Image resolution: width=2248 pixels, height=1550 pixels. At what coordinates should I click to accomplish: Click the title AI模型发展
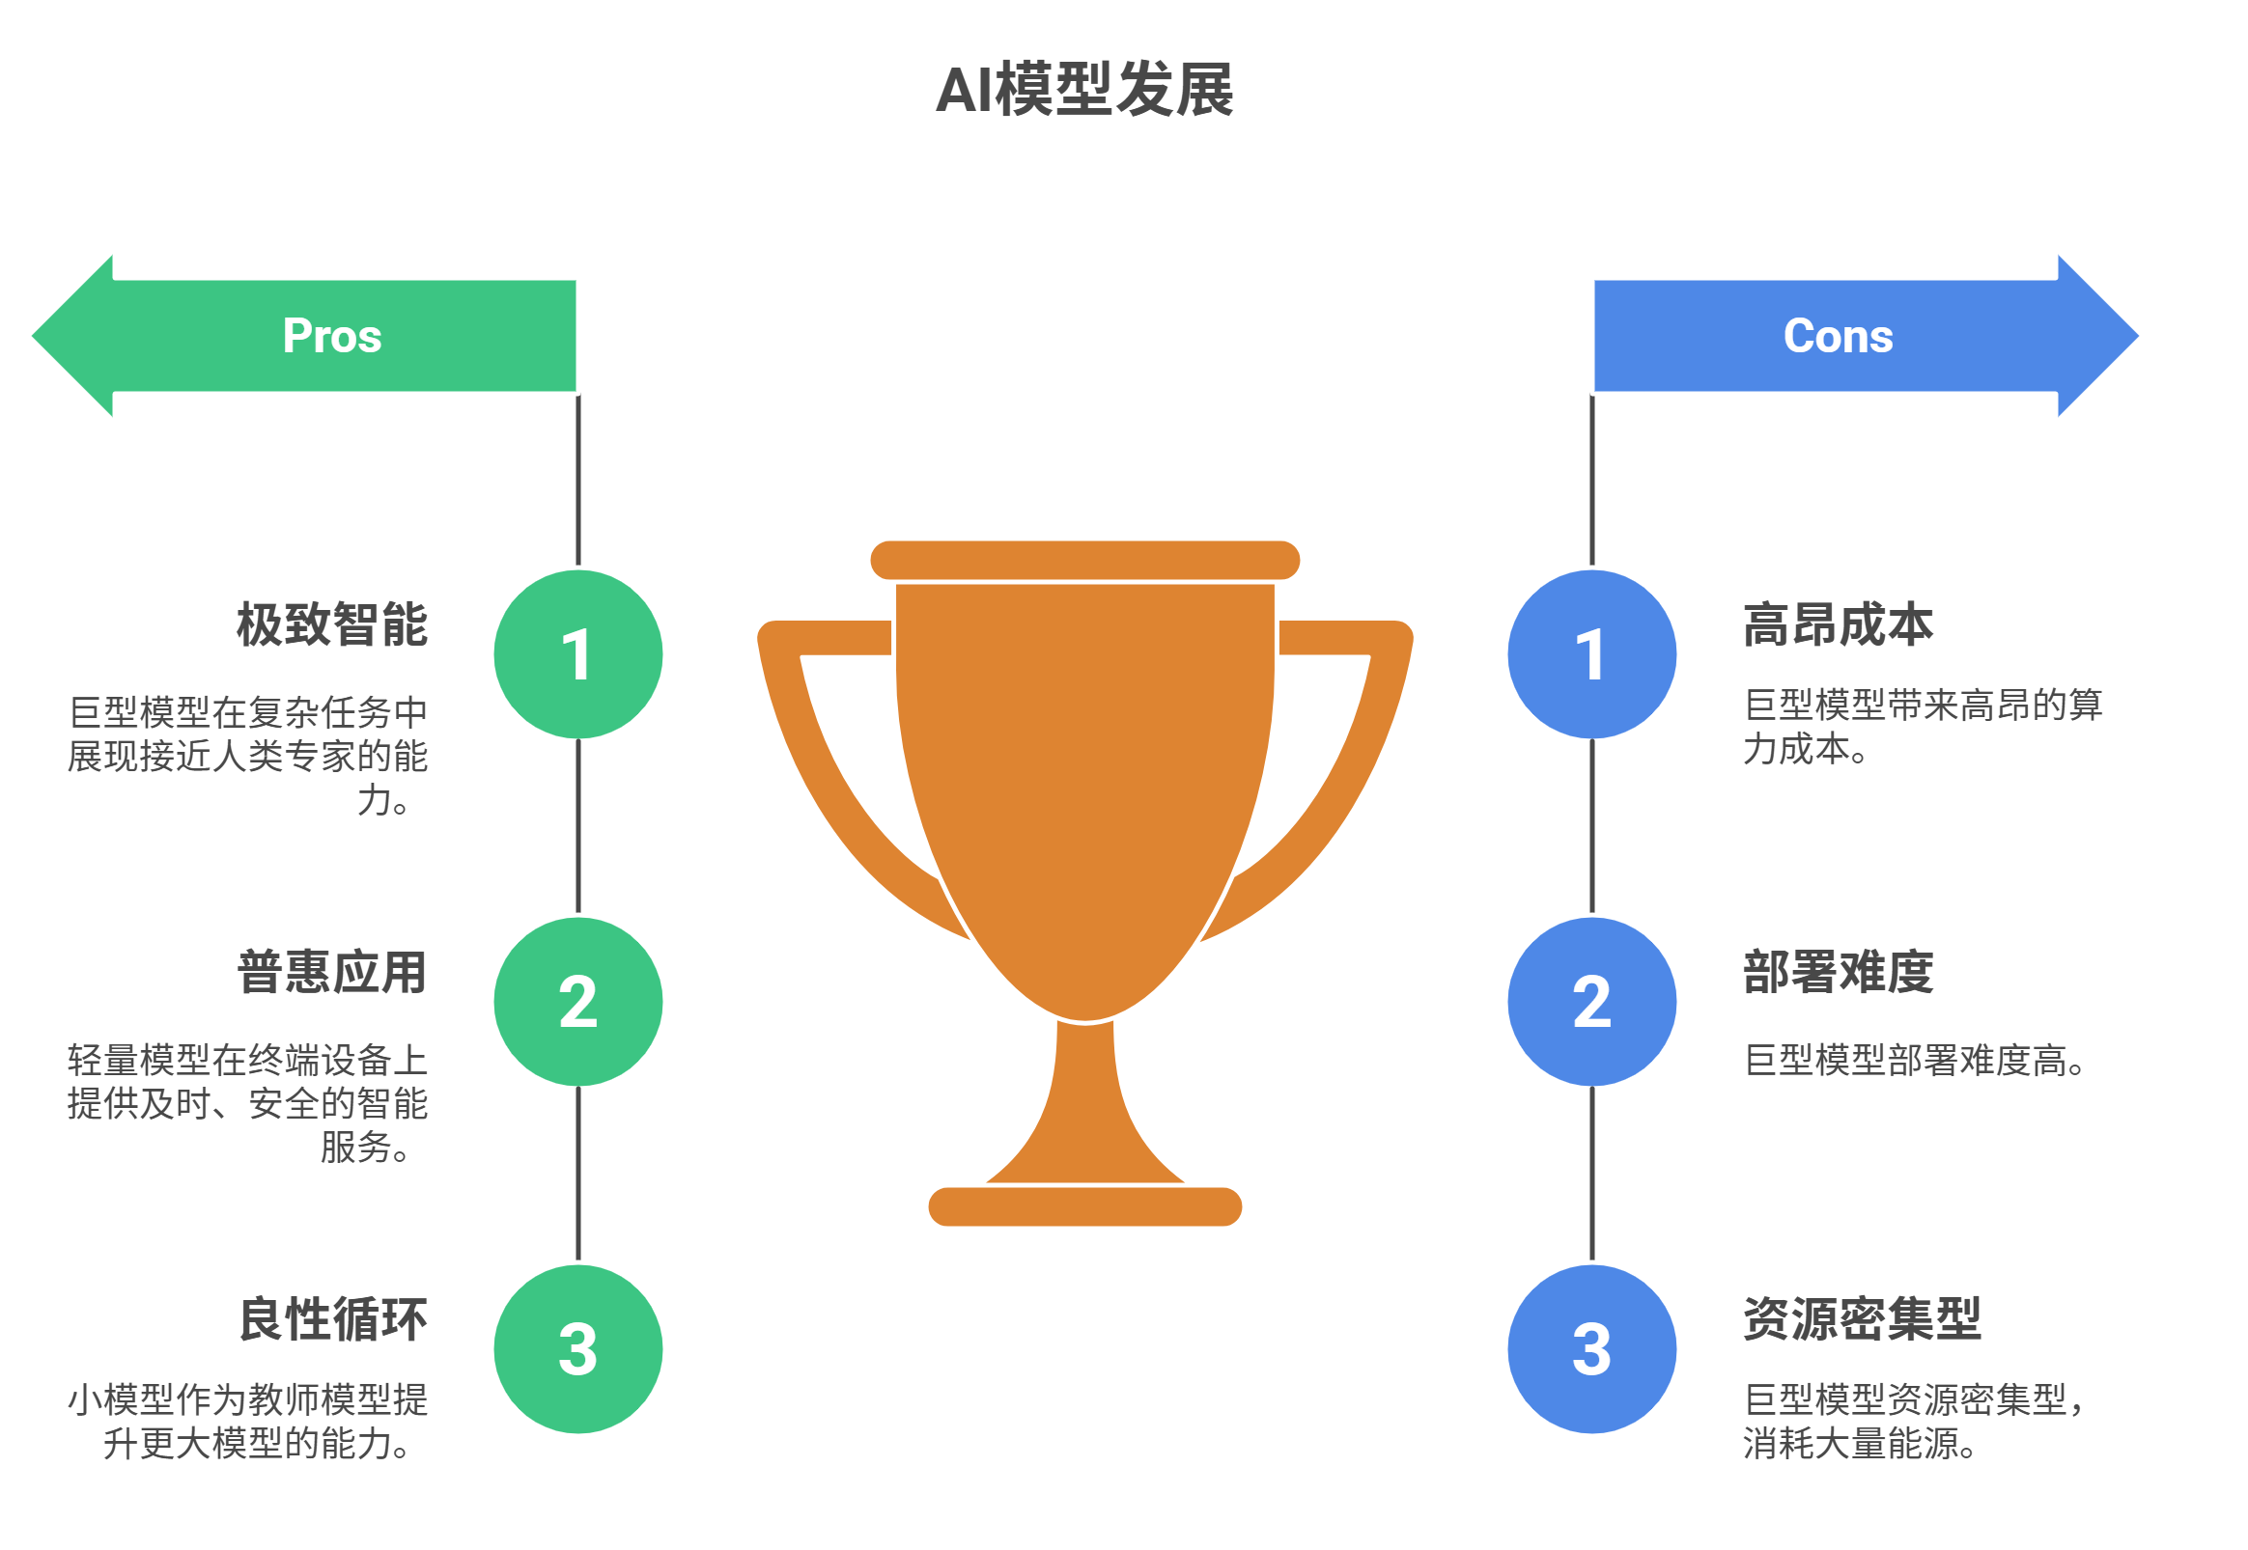pyautogui.click(x=1084, y=90)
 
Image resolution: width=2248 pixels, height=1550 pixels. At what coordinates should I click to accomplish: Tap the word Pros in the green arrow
pyautogui.click(x=332, y=336)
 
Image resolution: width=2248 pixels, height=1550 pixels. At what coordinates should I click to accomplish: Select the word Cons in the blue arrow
pyautogui.click(x=1837, y=336)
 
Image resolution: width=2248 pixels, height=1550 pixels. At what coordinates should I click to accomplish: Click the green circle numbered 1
pyautogui.click(x=578, y=654)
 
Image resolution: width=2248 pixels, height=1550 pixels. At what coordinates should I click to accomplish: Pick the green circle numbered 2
pyautogui.click(x=578, y=1001)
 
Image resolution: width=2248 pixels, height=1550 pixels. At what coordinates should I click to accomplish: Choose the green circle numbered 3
pyautogui.click(x=578, y=1349)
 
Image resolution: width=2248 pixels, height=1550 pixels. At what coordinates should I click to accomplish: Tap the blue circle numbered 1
pyautogui.click(x=1591, y=654)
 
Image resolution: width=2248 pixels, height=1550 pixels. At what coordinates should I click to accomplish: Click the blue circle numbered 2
pyautogui.click(x=1591, y=1001)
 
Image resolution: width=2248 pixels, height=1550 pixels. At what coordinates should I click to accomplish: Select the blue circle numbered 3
pyautogui.click(x=1591, y=1349)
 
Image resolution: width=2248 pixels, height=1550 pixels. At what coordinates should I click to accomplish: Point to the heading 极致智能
pyautogui.click(x=332, y=624)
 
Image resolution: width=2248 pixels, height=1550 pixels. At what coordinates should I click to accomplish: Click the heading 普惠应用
pyautogui.click(x=332, y=972)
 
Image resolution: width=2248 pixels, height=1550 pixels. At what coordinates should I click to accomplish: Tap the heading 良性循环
pyautogui.click(x=332, y=1319)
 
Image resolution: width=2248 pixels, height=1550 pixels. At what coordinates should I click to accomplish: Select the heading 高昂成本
pyautogui.click(x=1837, y=624)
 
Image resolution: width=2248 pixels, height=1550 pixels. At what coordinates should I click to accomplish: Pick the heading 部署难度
pyautogui.click(x=1837, y=972)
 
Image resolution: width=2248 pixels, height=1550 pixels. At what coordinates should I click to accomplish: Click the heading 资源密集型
pyautogui.click(x=1862, y=1319)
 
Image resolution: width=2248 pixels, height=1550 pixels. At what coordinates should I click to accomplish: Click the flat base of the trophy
pyautogui.click(x=1084, y=1206)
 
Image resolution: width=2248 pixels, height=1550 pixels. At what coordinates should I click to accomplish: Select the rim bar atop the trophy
pyautogui.click(x=1084, y=561)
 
